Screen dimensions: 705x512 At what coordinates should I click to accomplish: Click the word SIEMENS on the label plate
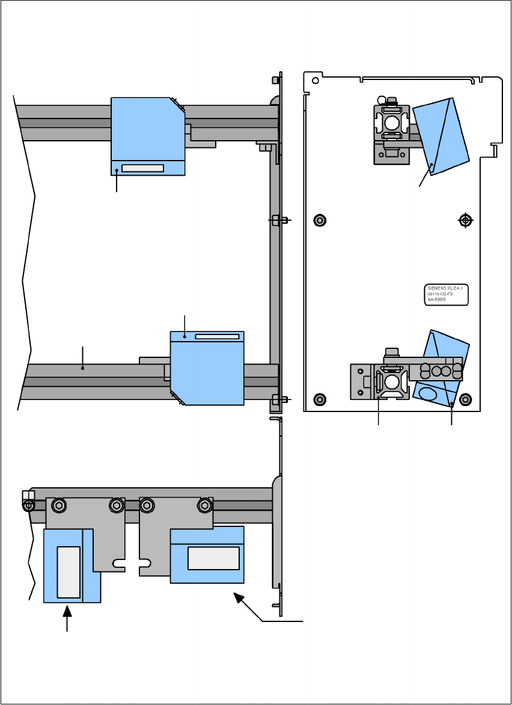click(436, 288)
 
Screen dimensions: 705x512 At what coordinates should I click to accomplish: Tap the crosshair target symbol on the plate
click(465, 220)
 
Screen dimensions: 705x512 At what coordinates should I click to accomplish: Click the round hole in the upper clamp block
click(391, 124)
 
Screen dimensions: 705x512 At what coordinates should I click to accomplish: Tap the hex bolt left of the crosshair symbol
click(320, 220)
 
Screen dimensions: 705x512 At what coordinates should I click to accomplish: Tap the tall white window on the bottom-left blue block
click(68, 572)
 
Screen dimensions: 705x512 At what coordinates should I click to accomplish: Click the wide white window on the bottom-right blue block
click(213, 558)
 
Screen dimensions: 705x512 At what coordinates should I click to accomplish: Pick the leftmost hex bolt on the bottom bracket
click(58, 505)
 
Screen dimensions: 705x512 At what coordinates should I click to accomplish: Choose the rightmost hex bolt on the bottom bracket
click(204, 505)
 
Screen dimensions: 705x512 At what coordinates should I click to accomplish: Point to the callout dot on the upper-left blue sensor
click(117, 171)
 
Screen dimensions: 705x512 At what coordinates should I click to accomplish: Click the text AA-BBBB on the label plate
click(436, 300)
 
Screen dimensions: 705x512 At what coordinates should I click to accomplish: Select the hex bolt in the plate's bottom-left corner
click(320, 398)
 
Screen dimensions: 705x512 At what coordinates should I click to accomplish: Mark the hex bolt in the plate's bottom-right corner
click(465, 398)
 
